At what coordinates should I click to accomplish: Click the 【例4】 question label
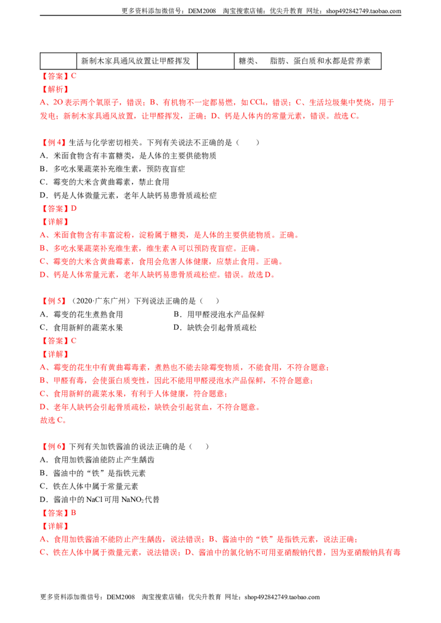click(x=53, y=142)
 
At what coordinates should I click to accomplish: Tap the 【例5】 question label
click(x=53, y=301)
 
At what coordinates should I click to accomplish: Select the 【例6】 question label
click(x=53, y=446)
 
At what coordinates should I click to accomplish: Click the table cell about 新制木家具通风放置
click(x=137, y=61)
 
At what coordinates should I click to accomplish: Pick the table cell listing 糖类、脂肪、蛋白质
click(x=307, y=61)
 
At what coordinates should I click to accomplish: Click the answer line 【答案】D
click(x=58, y=209)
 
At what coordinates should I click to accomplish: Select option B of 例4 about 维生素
click(x=112, y=169)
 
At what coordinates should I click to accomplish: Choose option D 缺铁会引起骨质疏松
click(x=215, y=327)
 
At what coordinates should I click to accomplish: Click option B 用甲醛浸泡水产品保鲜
click(x=219, y=314)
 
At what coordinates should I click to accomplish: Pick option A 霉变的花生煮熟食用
click(x=81, y=314)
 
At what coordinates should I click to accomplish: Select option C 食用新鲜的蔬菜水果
click(x=81, y=327)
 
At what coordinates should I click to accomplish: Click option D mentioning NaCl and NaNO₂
click(x=100, y=499)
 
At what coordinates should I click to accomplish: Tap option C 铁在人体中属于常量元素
click(x=89, y=486)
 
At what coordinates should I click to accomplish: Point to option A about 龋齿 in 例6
click(x=97, y=460)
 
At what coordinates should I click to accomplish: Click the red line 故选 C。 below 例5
click(x=53, y=420)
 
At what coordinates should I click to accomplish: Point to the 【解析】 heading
click(x=55, y=89)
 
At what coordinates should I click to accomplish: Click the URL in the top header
click(x=363, y=11)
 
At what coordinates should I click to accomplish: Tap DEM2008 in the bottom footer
click(x=121, y=597)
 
